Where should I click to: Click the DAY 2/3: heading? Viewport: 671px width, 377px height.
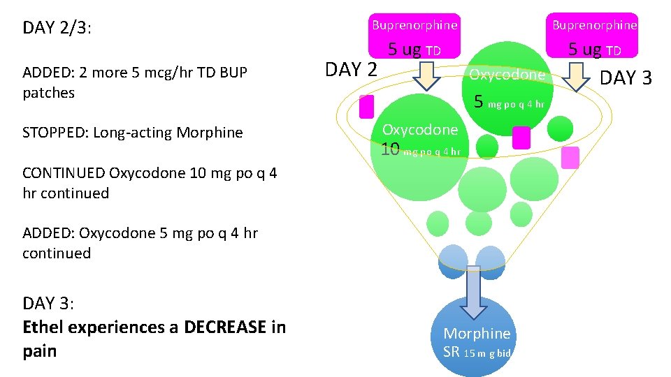[x=57, y=28]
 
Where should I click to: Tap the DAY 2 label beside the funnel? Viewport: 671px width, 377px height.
[x=351, y=69]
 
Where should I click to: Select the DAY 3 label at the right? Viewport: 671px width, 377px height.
[x=626, y=77]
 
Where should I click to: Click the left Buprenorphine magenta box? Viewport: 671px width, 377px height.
[x=414, y=26]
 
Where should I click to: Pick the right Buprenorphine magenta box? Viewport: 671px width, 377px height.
[x=595, y=26]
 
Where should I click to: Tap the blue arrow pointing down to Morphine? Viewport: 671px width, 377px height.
[x=475, y=290]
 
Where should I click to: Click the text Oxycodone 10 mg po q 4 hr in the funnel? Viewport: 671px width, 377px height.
[x=420, y=140]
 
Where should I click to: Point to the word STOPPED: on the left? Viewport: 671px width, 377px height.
[x=55, y=133]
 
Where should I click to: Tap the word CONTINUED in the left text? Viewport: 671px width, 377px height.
[x=64, y=173]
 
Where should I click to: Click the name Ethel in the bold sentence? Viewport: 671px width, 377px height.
[x=43, y=327]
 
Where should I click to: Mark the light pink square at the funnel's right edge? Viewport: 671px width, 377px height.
[x=570, y=158]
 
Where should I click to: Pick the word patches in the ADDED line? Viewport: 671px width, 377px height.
[x=48, y=93]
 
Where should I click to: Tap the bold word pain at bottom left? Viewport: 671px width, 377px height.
[x=39, y=350]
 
